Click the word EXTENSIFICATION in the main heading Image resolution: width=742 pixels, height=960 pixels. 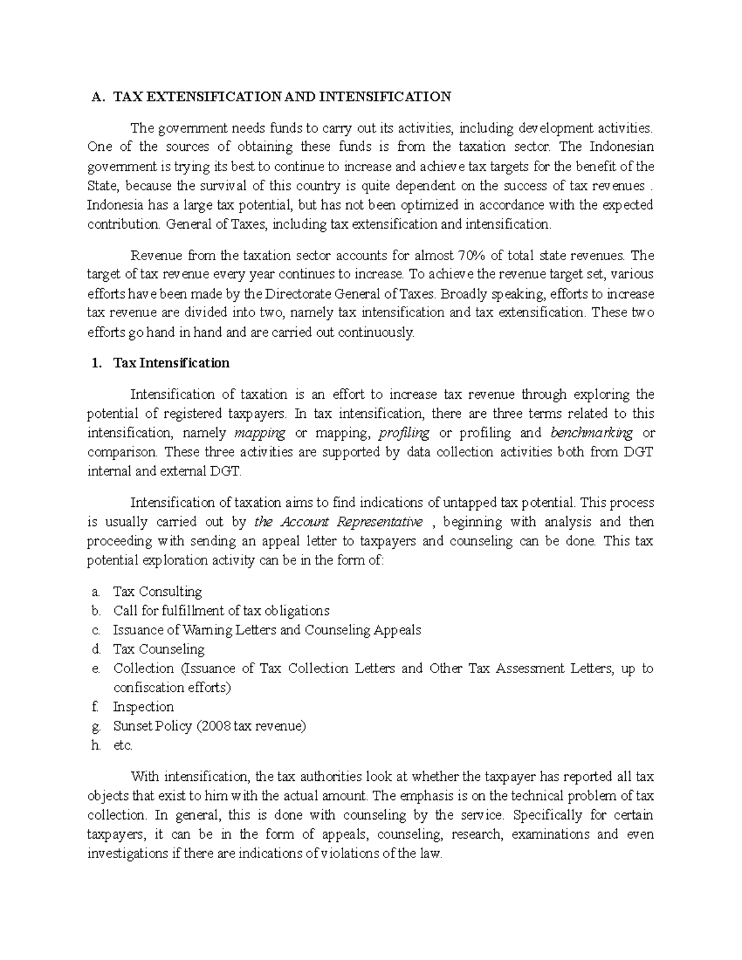pyautogui.click(x=197, y=96)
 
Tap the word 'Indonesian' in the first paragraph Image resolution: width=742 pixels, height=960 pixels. pyautogui.click(x=621, y=147)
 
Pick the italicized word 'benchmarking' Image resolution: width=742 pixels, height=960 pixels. pyautogui.click(x=591, y=433)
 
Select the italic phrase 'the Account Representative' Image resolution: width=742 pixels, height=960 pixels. pyautogui.click(x=338, y=522)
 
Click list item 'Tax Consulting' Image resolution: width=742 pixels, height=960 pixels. pyautogui.click(x=157, y=592)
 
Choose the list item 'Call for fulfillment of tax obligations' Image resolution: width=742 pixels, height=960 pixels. pyautogui.click(x=221, y=611)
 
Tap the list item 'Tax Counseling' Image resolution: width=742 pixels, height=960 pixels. pyautogui.click(x=158, y=649)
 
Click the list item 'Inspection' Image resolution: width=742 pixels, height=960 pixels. pyautogui.click(x=143, y=707)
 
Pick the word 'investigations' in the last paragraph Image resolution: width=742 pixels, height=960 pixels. pyautogui.click(x=127, y=854)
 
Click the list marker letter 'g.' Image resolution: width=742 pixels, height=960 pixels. pyautogui.click(x=95, y=726)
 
